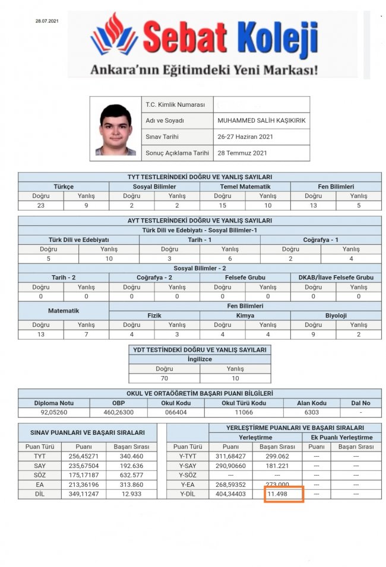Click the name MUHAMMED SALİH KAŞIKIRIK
point(261,120)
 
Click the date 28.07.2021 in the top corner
point(48,21)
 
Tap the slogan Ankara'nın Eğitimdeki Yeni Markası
point(204,70)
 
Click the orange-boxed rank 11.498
point(282,493)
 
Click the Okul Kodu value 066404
point(176,412)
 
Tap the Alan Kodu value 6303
point(311,412)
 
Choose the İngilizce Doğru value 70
point(164,377)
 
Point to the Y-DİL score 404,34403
point(230,494)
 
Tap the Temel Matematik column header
point(245,186)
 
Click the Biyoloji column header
point(336,316)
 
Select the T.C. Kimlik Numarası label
point(175,104)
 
